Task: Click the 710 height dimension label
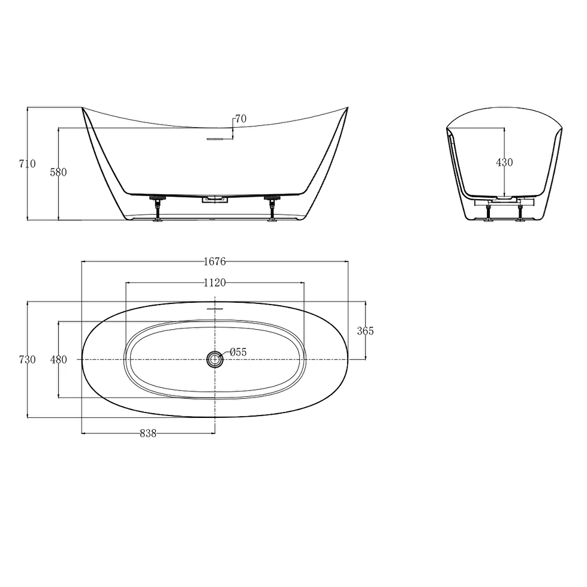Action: (28, 164)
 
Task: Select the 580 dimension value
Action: (58, 172)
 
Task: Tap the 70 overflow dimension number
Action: (240, 119)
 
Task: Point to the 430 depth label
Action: (504, 162)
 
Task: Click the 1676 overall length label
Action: (215, 261)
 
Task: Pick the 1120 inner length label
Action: (215, 282)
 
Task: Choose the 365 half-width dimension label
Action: (365, 331)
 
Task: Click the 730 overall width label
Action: (28, 360)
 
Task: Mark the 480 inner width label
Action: (58, 360)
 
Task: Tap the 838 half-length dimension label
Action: (148, 434)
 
